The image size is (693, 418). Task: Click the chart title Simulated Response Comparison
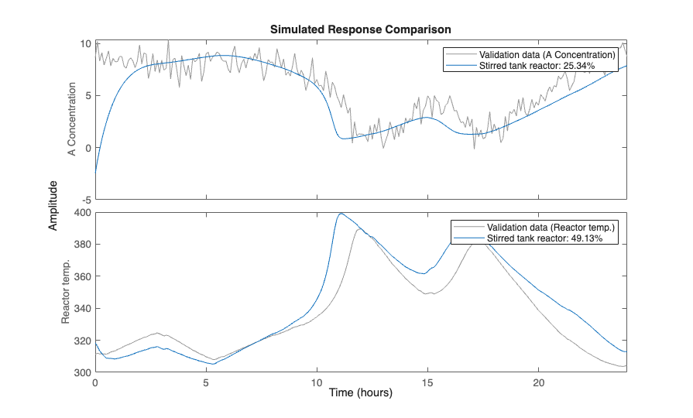(x=360, y=29)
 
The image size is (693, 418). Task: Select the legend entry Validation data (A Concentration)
(x=547, y=55)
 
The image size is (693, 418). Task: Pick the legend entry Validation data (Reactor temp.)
(x=551, y=227)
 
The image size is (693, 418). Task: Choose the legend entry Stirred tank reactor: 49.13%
(x=544, y=238)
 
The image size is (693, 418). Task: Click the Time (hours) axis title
(x=360, y=392)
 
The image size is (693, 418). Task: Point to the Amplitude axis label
(x=53, y=205)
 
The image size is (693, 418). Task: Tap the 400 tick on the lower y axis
(x=82, y=212)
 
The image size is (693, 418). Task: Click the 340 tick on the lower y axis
(x=82, y=309)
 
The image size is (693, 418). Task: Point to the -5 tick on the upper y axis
(x=85, y=200)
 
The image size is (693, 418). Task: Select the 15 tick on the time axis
(x=427, y=382)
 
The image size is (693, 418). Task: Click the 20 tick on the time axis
(x=538, y=382)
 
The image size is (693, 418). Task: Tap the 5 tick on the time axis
(x=206, y=382)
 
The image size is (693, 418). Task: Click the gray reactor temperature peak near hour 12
(x=359, y=229)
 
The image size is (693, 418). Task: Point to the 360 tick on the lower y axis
(x=82, y=276)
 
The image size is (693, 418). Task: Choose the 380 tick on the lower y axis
(x=82, y=245)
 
